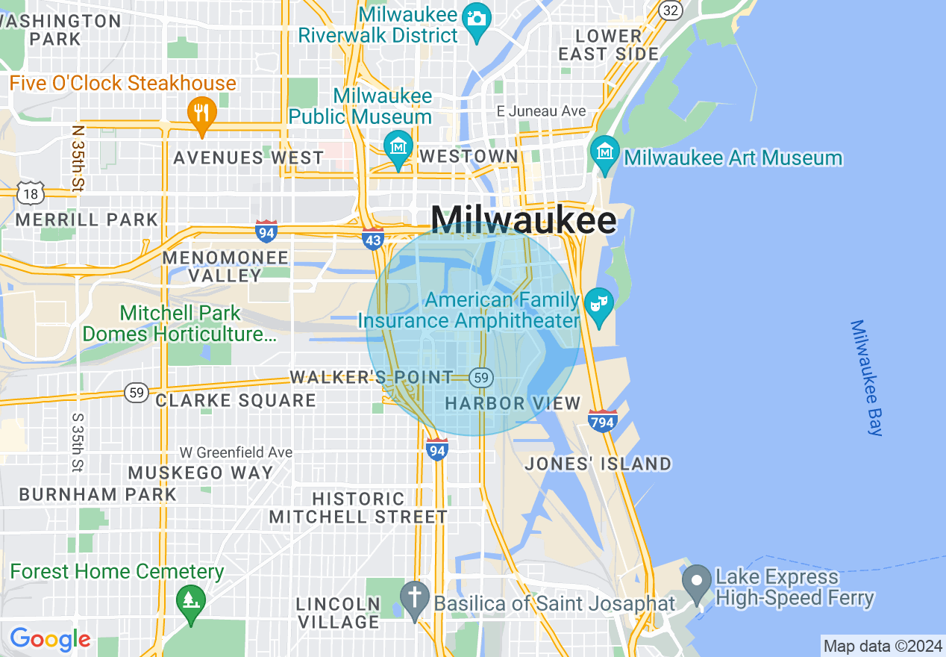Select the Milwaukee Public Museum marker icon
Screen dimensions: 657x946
point(398,146)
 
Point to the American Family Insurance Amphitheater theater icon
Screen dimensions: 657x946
point(598,305)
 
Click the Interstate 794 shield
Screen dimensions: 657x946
point(601,421)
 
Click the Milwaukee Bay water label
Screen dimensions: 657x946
point(865,378)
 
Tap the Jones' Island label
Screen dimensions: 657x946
point(598,464)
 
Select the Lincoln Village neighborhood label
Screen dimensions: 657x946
point(338,612)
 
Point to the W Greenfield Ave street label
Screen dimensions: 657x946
point(236,452)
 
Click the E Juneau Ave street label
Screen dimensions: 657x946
point(541,111)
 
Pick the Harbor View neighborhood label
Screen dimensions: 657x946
point(513,404)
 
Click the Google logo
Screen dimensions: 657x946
point(50,639)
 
